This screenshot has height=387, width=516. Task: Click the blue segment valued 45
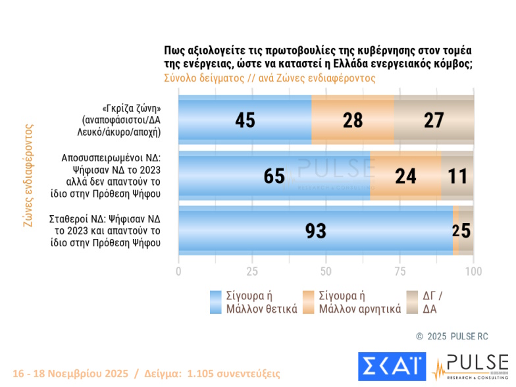[x=245, y=119]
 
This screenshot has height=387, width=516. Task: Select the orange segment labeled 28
[x=353, y=119]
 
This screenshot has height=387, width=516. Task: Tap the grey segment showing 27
[x=434, y=119]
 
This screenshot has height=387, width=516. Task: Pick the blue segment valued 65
[x=274, y=176]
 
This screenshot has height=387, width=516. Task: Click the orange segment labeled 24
[x=405, y=176]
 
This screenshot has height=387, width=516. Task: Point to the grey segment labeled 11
[x=457, y=176]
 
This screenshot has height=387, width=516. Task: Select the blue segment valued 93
[x=316, y=230]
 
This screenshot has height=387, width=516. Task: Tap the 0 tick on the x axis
[x=179, y=271]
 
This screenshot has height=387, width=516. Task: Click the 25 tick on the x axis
[x=252, y=271]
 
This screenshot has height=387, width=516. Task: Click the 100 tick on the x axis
[x=473, y=271]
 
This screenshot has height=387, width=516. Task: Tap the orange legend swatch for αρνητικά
[x=308, y=302]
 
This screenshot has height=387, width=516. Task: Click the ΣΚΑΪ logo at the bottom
[x=392, y=366]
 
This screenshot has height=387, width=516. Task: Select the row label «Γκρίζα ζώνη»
[x=122, y=108]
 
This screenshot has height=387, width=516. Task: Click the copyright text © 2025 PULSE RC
[x=452, y=336]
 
